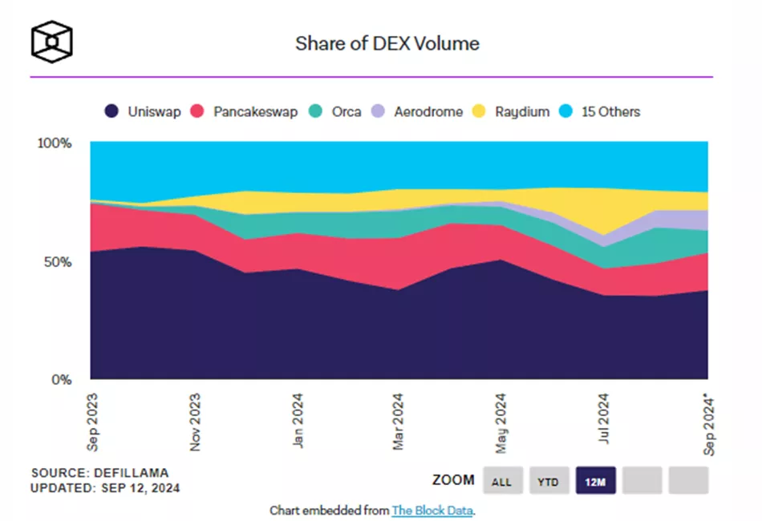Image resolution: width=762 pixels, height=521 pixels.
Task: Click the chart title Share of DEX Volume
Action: pyautogui.click(x=387, y=43)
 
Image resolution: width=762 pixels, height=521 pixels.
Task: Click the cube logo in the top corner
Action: pyautogui.click(x=52, y=40)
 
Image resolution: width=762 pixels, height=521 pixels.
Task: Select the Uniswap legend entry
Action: pyautogui.click(x=144, y=112)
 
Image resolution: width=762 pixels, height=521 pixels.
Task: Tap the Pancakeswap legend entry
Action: pyautogui.click(x=245, y=112)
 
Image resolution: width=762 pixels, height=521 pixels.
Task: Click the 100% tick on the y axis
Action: pyautogui.click(x=55, y=143)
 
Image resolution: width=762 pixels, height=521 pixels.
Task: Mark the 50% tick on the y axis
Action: pyautogui.click(x=59, y=262)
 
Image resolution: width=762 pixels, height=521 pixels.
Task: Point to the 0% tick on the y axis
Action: pyautogui.click(x=63, y=380)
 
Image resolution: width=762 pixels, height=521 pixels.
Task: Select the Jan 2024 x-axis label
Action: pyautogui.click(x=298, y=419)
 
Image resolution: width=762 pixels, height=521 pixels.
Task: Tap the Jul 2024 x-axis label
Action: pyautogui.click(x=605, y=419)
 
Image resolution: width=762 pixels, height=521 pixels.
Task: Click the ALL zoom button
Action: pyautogui.click(x=502, y=481)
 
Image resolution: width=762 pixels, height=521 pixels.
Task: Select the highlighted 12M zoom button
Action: pyautogui.click(x=595, y=481)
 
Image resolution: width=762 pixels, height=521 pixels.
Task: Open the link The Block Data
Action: pyautogui.click(x=433, y=511)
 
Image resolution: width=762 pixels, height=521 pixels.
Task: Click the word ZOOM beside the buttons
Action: pyautogui.click(x=453, y=481)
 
